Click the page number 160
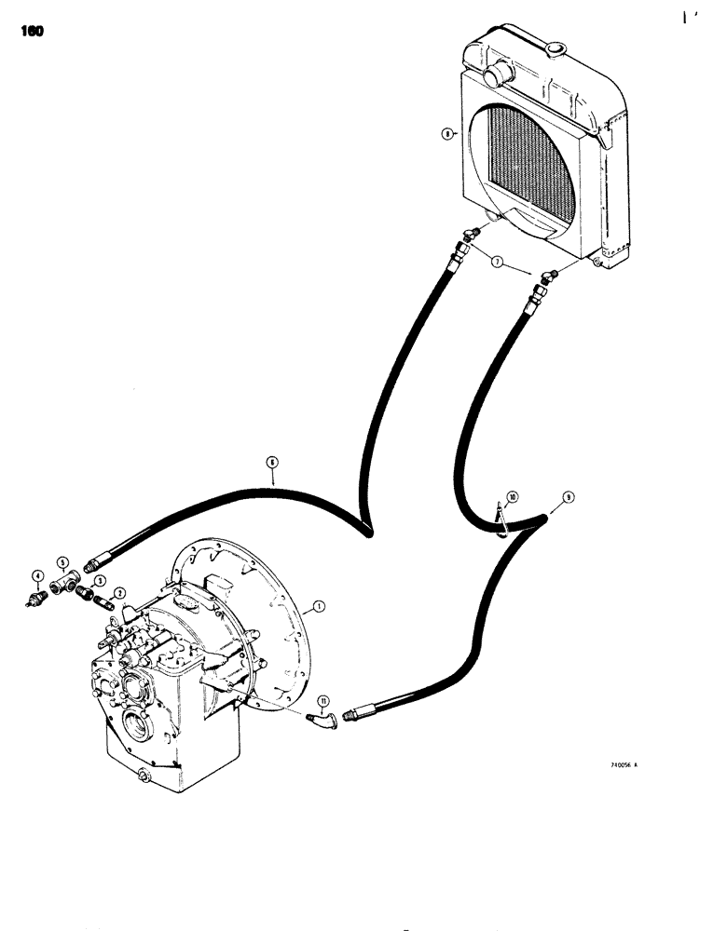tap(30, 31)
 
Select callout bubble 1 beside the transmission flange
tap(319, 606)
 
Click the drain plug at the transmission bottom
tap(143, 776)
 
